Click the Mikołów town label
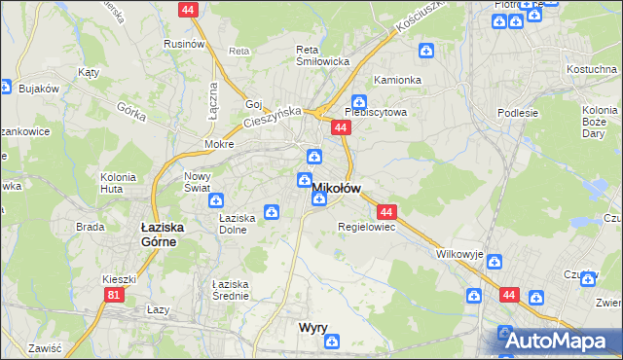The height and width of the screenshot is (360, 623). [x=337, y=187]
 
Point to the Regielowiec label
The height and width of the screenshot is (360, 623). [x=365, y=227]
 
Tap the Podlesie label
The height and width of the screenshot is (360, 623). [x=516, y=112]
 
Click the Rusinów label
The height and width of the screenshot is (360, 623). [x=183, y=44]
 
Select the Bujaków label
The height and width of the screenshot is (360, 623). [x=39, y=89]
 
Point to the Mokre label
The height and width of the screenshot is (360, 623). [x=218, y=143]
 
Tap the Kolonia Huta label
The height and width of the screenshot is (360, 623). [x=117, y=183]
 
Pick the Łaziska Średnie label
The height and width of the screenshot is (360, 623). [x=231, y=290]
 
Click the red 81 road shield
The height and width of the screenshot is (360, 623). [x=115, y=294]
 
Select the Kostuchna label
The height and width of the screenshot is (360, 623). [x=593, y=70]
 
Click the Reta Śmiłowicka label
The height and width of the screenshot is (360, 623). [x=322, y=55]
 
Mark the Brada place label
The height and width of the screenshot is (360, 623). [x=91, y=227]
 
